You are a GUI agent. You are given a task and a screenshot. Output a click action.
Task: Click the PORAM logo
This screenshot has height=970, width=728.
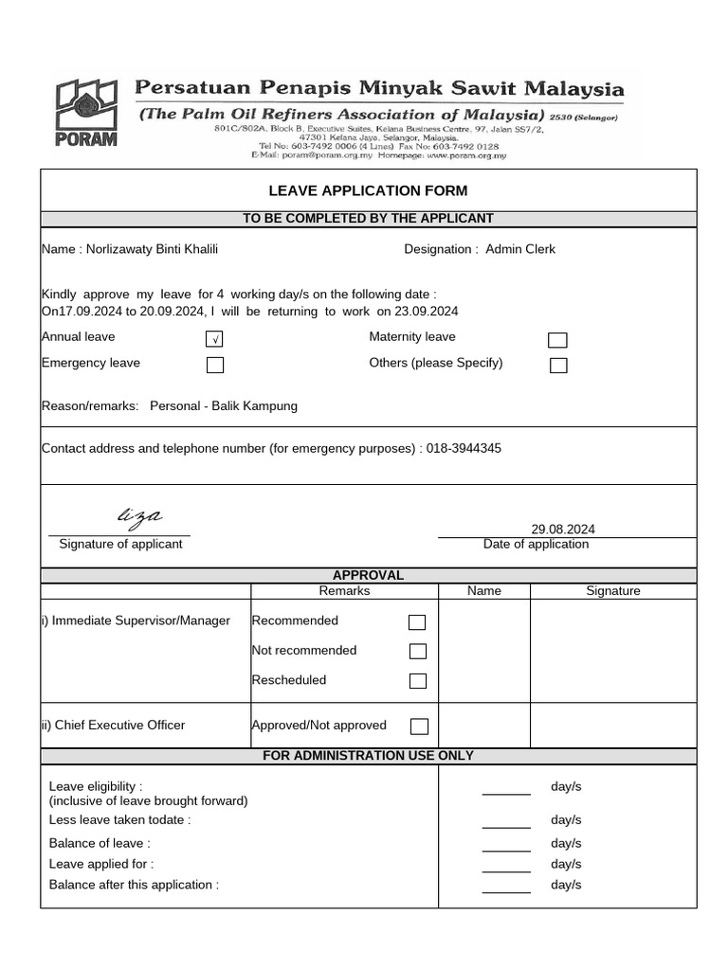(x=86, y=113)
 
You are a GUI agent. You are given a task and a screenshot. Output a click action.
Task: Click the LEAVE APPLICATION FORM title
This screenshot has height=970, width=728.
(x=368, y=190)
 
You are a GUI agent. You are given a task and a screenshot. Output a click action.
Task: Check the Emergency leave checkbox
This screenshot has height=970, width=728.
(x=215, y=365)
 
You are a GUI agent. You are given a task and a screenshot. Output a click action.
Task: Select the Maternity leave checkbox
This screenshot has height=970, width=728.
(x=558, y=340)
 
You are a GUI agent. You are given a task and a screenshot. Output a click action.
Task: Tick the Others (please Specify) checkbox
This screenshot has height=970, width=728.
(x=558, y=366)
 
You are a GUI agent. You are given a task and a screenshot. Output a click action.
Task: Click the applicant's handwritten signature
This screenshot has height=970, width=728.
(x=138, y=515)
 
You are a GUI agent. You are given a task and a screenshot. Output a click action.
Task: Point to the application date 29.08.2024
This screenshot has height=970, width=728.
(x=563, y=530)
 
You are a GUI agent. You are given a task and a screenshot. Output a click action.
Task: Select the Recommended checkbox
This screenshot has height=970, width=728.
(x=417, y=622)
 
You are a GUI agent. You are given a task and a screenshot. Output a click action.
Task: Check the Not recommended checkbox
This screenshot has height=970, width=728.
(x=417, y=652)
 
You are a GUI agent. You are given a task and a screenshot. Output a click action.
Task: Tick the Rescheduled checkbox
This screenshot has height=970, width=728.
(x=417, y=681)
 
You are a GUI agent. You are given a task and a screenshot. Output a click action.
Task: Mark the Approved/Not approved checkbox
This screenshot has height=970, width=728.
(x=419, y=727)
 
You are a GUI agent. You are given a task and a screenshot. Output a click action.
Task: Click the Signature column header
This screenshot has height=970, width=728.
(x=612, y=590)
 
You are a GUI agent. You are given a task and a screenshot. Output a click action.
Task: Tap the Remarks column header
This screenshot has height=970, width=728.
(x=344, y=590)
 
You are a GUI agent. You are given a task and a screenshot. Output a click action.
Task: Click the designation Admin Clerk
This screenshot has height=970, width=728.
(x=520, y=249)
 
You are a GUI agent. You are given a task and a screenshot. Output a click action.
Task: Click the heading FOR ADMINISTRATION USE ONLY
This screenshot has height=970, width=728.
(x=368, y=755)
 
